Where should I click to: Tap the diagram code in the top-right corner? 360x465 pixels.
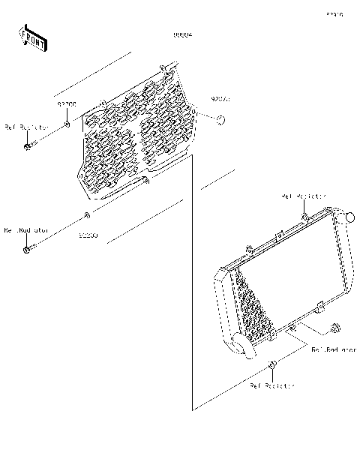334,14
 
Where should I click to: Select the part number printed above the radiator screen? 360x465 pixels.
183,35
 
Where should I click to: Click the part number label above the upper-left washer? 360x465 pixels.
67,106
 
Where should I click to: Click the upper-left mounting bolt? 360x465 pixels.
31,144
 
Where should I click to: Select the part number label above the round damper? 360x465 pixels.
220,99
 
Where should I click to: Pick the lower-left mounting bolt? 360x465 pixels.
30,247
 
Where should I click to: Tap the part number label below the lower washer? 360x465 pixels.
88,235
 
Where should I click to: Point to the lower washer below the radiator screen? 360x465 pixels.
88,217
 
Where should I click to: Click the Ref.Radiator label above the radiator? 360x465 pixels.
304,196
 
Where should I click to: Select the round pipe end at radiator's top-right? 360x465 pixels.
346,218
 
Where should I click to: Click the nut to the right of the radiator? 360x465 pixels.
334,328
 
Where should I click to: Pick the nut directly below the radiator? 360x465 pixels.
272,365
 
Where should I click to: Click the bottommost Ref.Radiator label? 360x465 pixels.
272,385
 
